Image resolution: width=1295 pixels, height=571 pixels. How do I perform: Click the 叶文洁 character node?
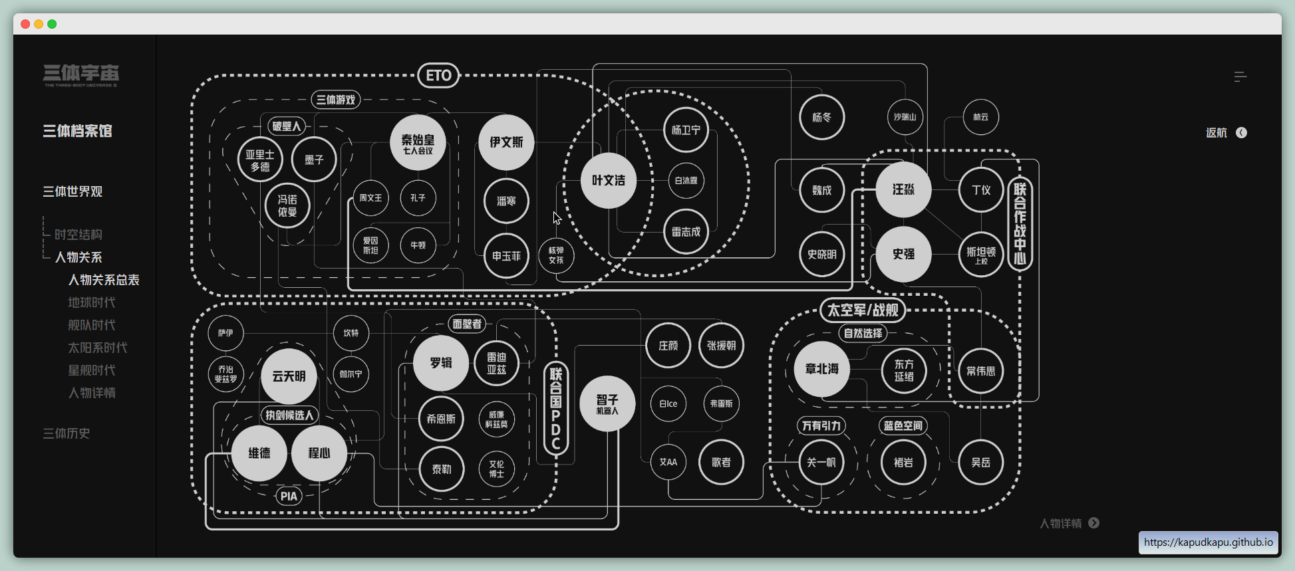coord(608,181)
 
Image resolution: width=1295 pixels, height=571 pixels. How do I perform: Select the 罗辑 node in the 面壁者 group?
coord(440,363)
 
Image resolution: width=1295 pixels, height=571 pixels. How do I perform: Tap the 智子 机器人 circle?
coord(607,403)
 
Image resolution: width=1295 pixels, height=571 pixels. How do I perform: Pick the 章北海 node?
coord(821,369)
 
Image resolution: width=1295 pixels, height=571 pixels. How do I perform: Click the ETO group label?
coord(438,76)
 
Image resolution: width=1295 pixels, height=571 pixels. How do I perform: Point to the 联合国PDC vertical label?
coord(556,409)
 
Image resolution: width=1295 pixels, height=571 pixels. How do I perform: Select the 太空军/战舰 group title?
coord(862,310)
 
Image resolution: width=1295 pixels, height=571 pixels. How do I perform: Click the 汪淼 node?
coord(903,190)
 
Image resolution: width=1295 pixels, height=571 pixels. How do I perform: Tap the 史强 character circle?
coord(903,254)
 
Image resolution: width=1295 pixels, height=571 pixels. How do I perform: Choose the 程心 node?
coord(319,453)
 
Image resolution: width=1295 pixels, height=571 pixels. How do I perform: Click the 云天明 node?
coord(289,376)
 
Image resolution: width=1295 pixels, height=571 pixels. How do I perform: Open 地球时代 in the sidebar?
coord(92,302)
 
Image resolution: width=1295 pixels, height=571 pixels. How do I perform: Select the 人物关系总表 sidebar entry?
coord(104,280)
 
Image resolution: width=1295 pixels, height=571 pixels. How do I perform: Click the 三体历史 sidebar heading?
coord(67,433)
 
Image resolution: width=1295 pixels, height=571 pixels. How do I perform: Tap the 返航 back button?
coord(1226,133)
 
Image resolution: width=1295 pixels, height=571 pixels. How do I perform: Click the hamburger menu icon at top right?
coord(1240,77)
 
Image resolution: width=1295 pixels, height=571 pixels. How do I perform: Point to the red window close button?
coord(25,24)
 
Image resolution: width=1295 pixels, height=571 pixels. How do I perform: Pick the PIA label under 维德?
coord(289,497)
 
